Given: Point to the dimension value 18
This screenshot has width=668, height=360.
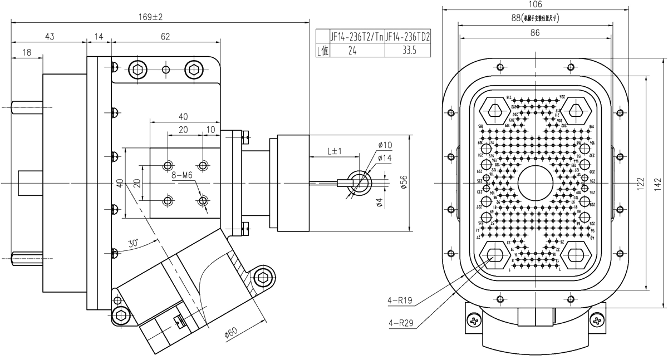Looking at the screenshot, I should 26,53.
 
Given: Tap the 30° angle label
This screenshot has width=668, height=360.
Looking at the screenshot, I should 132,243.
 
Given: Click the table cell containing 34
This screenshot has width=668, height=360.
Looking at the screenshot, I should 351,51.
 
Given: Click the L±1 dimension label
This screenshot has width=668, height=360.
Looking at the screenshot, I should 335,151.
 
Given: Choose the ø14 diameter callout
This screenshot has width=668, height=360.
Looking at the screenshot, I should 385,158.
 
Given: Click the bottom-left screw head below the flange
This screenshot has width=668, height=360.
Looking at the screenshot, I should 474,320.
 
